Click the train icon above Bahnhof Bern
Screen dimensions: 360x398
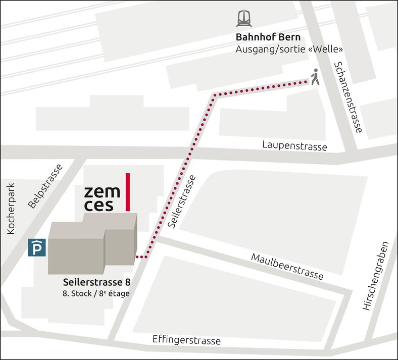click(x=244, y=19)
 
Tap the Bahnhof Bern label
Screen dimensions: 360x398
click(x=268, y=37)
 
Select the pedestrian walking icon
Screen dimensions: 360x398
click(x=315, y=77)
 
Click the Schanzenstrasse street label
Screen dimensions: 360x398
click(x=347, y=97)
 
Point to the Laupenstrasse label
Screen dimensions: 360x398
click(x=294, y=145)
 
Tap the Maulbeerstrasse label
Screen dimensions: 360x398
click(x=287, y=267)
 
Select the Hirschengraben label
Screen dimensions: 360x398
click(x=376, y=275)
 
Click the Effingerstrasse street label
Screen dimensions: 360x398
click(x=186, y=340)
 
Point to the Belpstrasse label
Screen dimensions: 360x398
click(x=45, y=186)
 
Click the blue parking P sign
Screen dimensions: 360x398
click(x=35, y=247)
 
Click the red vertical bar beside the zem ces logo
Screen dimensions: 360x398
click(x=128, y=192)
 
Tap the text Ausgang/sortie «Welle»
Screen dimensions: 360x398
click(x=289, y=49)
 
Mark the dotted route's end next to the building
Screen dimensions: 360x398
click(x=139, y=258)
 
